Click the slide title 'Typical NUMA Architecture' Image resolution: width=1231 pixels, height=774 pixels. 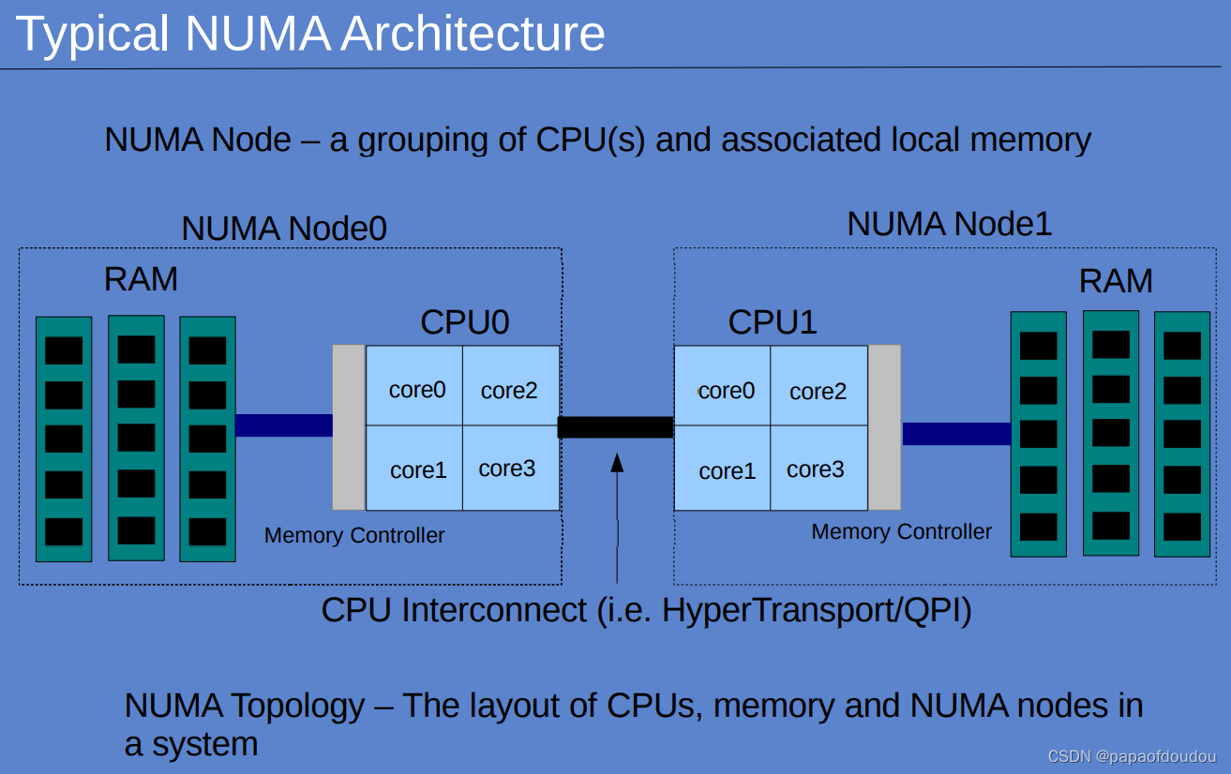310,34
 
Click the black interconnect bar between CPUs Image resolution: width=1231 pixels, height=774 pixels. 615,427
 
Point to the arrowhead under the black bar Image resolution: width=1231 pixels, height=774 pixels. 617,462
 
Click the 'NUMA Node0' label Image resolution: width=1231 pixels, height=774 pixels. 283,229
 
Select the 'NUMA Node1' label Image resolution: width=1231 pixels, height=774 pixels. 949,224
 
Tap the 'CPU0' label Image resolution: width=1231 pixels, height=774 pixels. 464,321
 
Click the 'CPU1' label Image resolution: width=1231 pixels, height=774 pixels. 773,321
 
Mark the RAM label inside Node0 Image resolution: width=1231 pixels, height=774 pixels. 141,279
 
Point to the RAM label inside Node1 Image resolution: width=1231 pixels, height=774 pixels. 1116,281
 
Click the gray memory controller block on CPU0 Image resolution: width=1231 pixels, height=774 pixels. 349,427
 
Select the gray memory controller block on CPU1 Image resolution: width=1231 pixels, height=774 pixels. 884,427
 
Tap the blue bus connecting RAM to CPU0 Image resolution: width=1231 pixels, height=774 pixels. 283,425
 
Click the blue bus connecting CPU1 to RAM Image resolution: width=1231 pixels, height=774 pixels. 955,434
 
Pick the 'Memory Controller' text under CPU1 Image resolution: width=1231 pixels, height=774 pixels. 901,532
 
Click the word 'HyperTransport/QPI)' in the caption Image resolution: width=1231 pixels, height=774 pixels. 817,610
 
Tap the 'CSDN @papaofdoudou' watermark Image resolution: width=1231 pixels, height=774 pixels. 1132,756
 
